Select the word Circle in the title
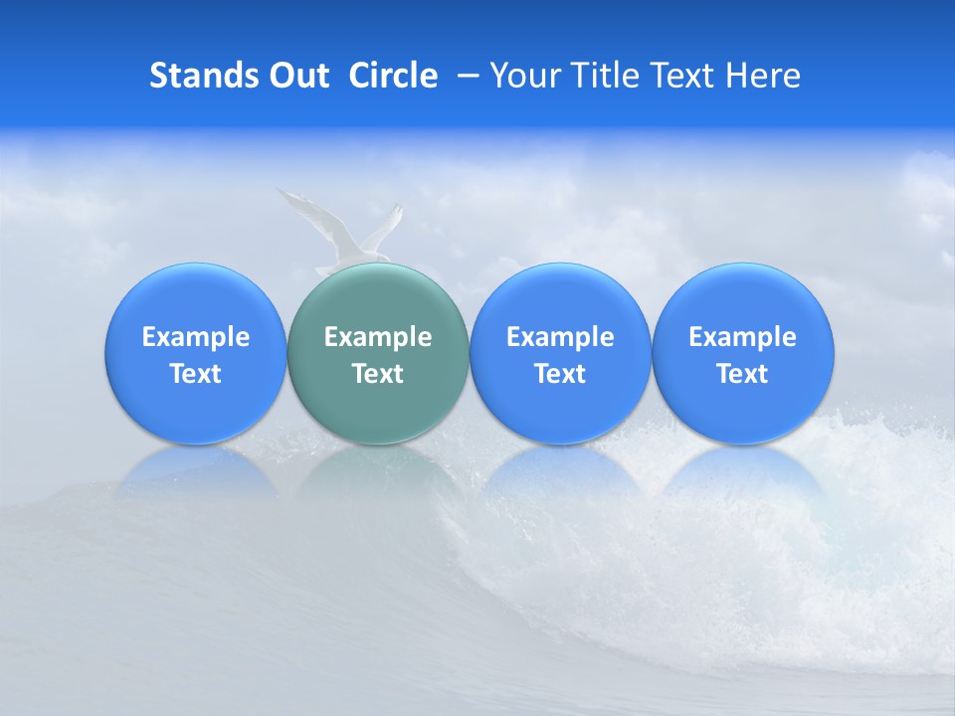[x=393, y=76]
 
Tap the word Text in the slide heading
[x=683, y=76]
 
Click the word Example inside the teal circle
[x=378, y=337]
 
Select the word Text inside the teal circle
[x=378, y=374]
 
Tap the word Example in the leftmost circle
[x=196, y=337]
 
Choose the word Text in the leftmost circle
[x=196, y=374]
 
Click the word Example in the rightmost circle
[x=742, y=337]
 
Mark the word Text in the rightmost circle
[x=742, y=374]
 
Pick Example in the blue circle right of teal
[x=560, y=337]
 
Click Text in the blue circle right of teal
[x=560, y=374]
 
